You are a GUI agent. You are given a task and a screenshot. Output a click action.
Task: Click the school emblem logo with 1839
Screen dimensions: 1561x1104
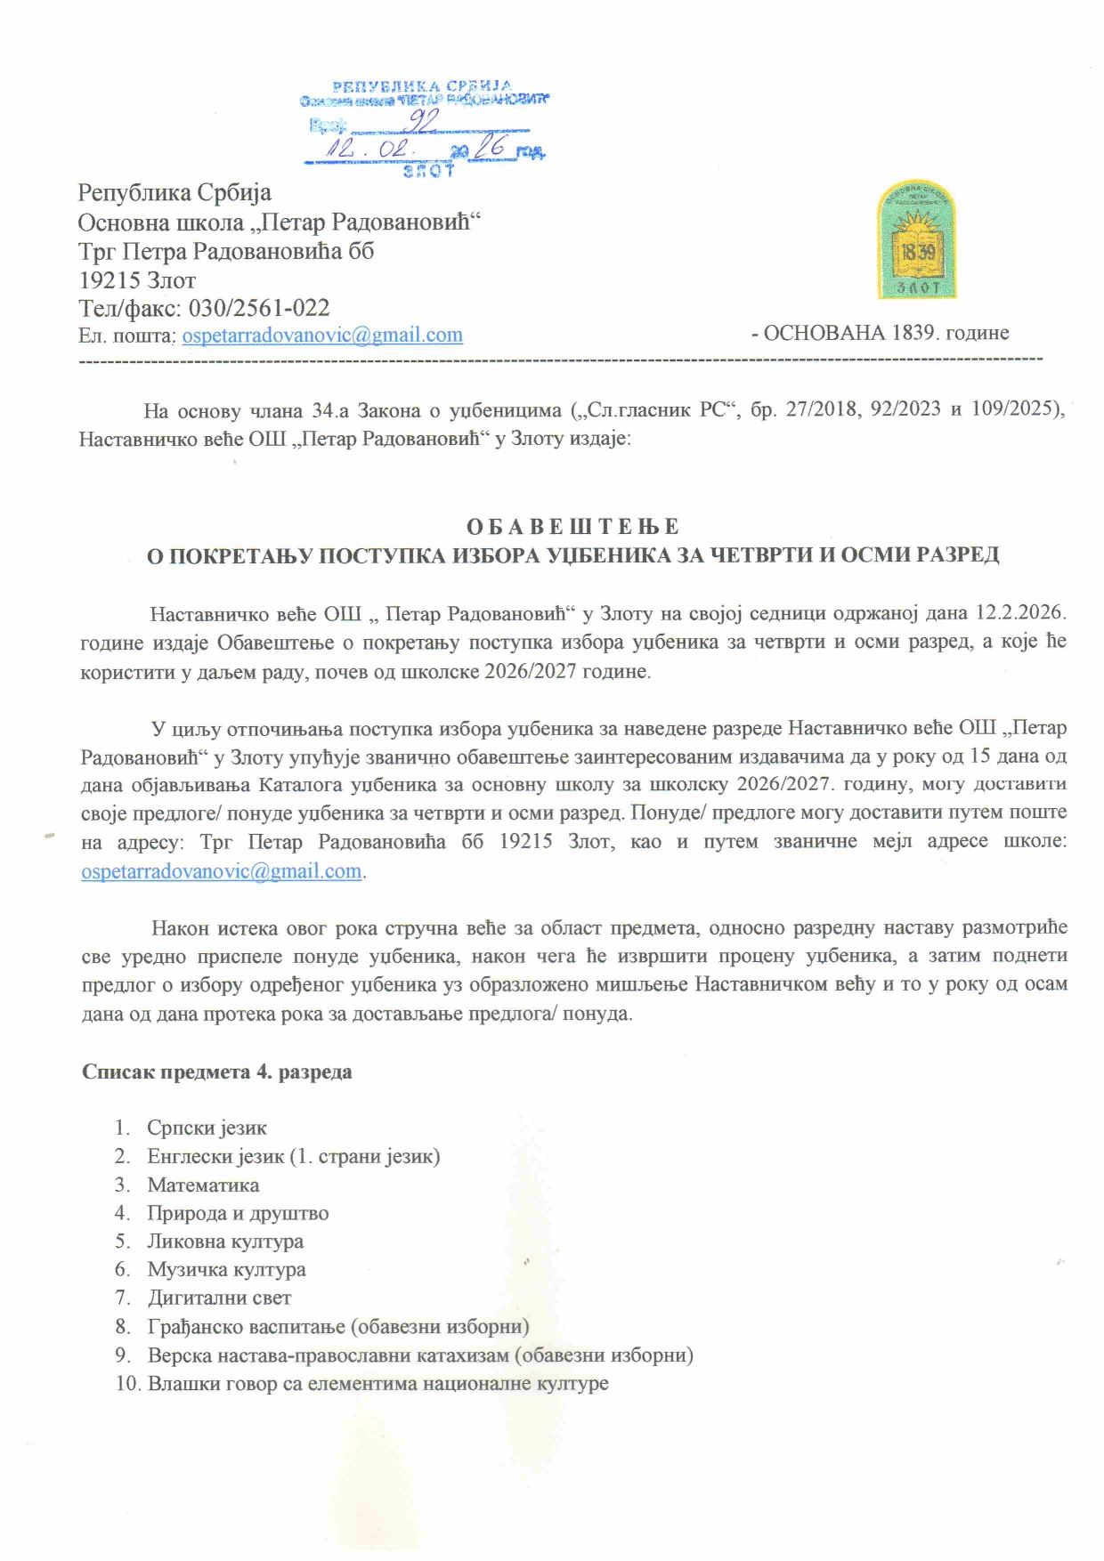pos(916,240)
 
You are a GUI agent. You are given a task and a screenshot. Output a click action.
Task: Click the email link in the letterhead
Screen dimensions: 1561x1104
pos(322,336)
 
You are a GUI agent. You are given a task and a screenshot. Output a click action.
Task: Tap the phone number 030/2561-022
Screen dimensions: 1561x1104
pos(259,308)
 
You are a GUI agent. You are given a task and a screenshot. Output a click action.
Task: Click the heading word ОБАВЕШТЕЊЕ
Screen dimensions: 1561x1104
pos(572,526)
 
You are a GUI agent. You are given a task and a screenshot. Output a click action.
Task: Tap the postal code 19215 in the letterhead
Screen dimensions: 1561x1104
pos(110,280)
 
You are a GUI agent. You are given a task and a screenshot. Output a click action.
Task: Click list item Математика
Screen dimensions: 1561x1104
pos(203,1185)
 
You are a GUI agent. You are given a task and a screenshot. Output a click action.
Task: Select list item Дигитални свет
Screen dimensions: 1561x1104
pos(219,1298)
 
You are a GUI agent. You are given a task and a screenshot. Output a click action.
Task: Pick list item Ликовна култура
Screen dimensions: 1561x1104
pos(225,1242)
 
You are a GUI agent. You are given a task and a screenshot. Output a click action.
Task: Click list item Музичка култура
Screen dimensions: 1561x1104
pos(226,1270)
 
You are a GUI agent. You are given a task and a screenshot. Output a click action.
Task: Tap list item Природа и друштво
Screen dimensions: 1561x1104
pos(238,1214)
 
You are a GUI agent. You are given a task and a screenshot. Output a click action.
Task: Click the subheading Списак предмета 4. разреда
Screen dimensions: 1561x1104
pos(216,1072)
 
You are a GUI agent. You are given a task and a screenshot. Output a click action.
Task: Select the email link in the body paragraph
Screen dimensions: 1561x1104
pos(222,871)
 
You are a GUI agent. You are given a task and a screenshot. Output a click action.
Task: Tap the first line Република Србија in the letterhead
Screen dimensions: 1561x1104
pos(175,193)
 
